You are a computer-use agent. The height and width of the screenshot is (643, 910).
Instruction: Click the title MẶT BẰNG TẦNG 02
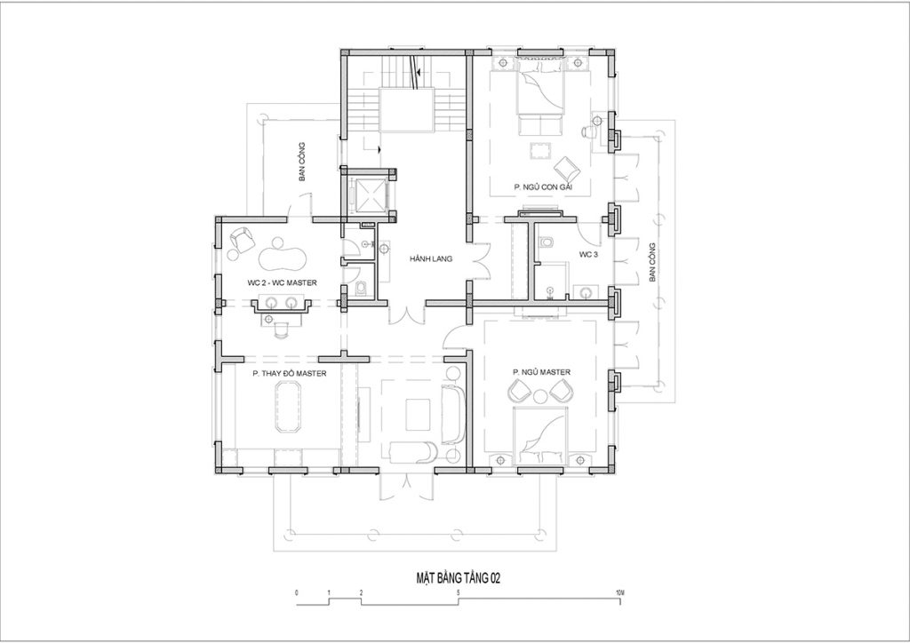click(x=459, y=578)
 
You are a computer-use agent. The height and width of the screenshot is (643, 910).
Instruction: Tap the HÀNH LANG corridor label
click(x=430, y=258)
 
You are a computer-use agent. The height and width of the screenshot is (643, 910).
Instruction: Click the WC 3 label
click(x=588, y=254)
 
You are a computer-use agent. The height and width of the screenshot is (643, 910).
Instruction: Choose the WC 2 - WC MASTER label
click(x=282, y=283)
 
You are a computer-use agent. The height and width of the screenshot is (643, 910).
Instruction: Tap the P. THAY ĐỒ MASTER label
click(x=289, y=373)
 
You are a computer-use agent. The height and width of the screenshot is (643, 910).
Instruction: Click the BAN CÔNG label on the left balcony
click(x=302, y=162)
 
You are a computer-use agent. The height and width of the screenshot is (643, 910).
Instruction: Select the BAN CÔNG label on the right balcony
click(x=652, y=262)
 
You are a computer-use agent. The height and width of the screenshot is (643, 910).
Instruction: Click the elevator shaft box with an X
click(x=369, y=194)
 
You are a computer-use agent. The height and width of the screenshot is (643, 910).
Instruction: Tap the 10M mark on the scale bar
click(x=619, y=593)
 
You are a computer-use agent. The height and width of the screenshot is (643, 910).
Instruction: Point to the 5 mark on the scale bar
click(x=459, y=593)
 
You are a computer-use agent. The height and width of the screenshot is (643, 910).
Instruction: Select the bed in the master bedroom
click(x=541, y=433)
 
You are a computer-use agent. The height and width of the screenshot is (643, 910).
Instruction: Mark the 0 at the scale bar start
click(x=297, y=593)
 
